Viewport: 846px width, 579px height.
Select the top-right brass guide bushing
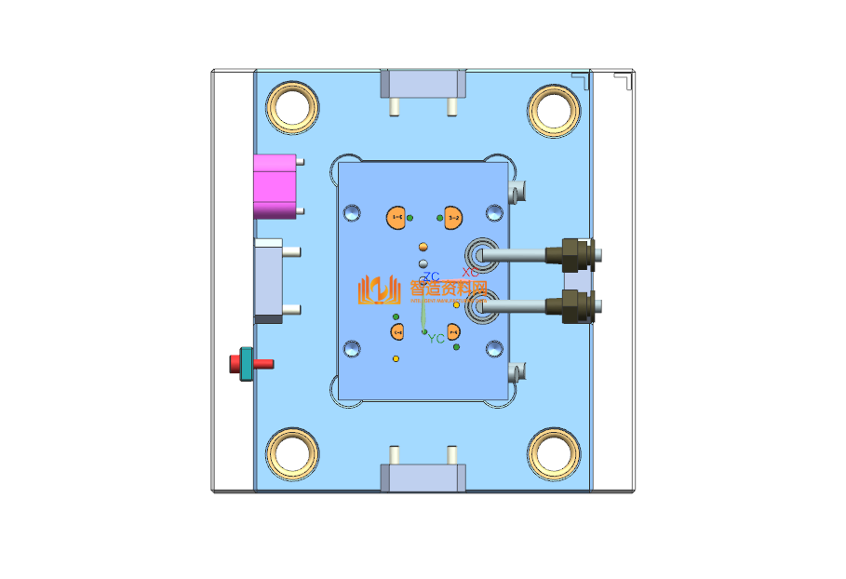(554, 108)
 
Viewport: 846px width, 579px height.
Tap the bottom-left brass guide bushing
(293, 452)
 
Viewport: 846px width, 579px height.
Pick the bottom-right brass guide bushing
(554, 453)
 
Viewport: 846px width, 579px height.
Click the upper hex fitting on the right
(571, 254)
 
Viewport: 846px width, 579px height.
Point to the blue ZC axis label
(431, 276)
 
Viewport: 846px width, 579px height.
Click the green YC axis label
(436, 339)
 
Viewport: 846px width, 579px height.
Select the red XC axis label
(470, 272)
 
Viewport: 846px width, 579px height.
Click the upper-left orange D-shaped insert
(397, 217)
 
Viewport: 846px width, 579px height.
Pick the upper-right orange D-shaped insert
(453, 218)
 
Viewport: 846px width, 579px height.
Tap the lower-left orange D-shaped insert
(397, 331)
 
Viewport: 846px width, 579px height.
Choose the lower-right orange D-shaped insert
(453, 331)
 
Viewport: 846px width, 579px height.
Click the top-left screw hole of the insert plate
(353, 213)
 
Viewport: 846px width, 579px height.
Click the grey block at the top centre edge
(423, 85)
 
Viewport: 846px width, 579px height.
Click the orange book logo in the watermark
(378, 290)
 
